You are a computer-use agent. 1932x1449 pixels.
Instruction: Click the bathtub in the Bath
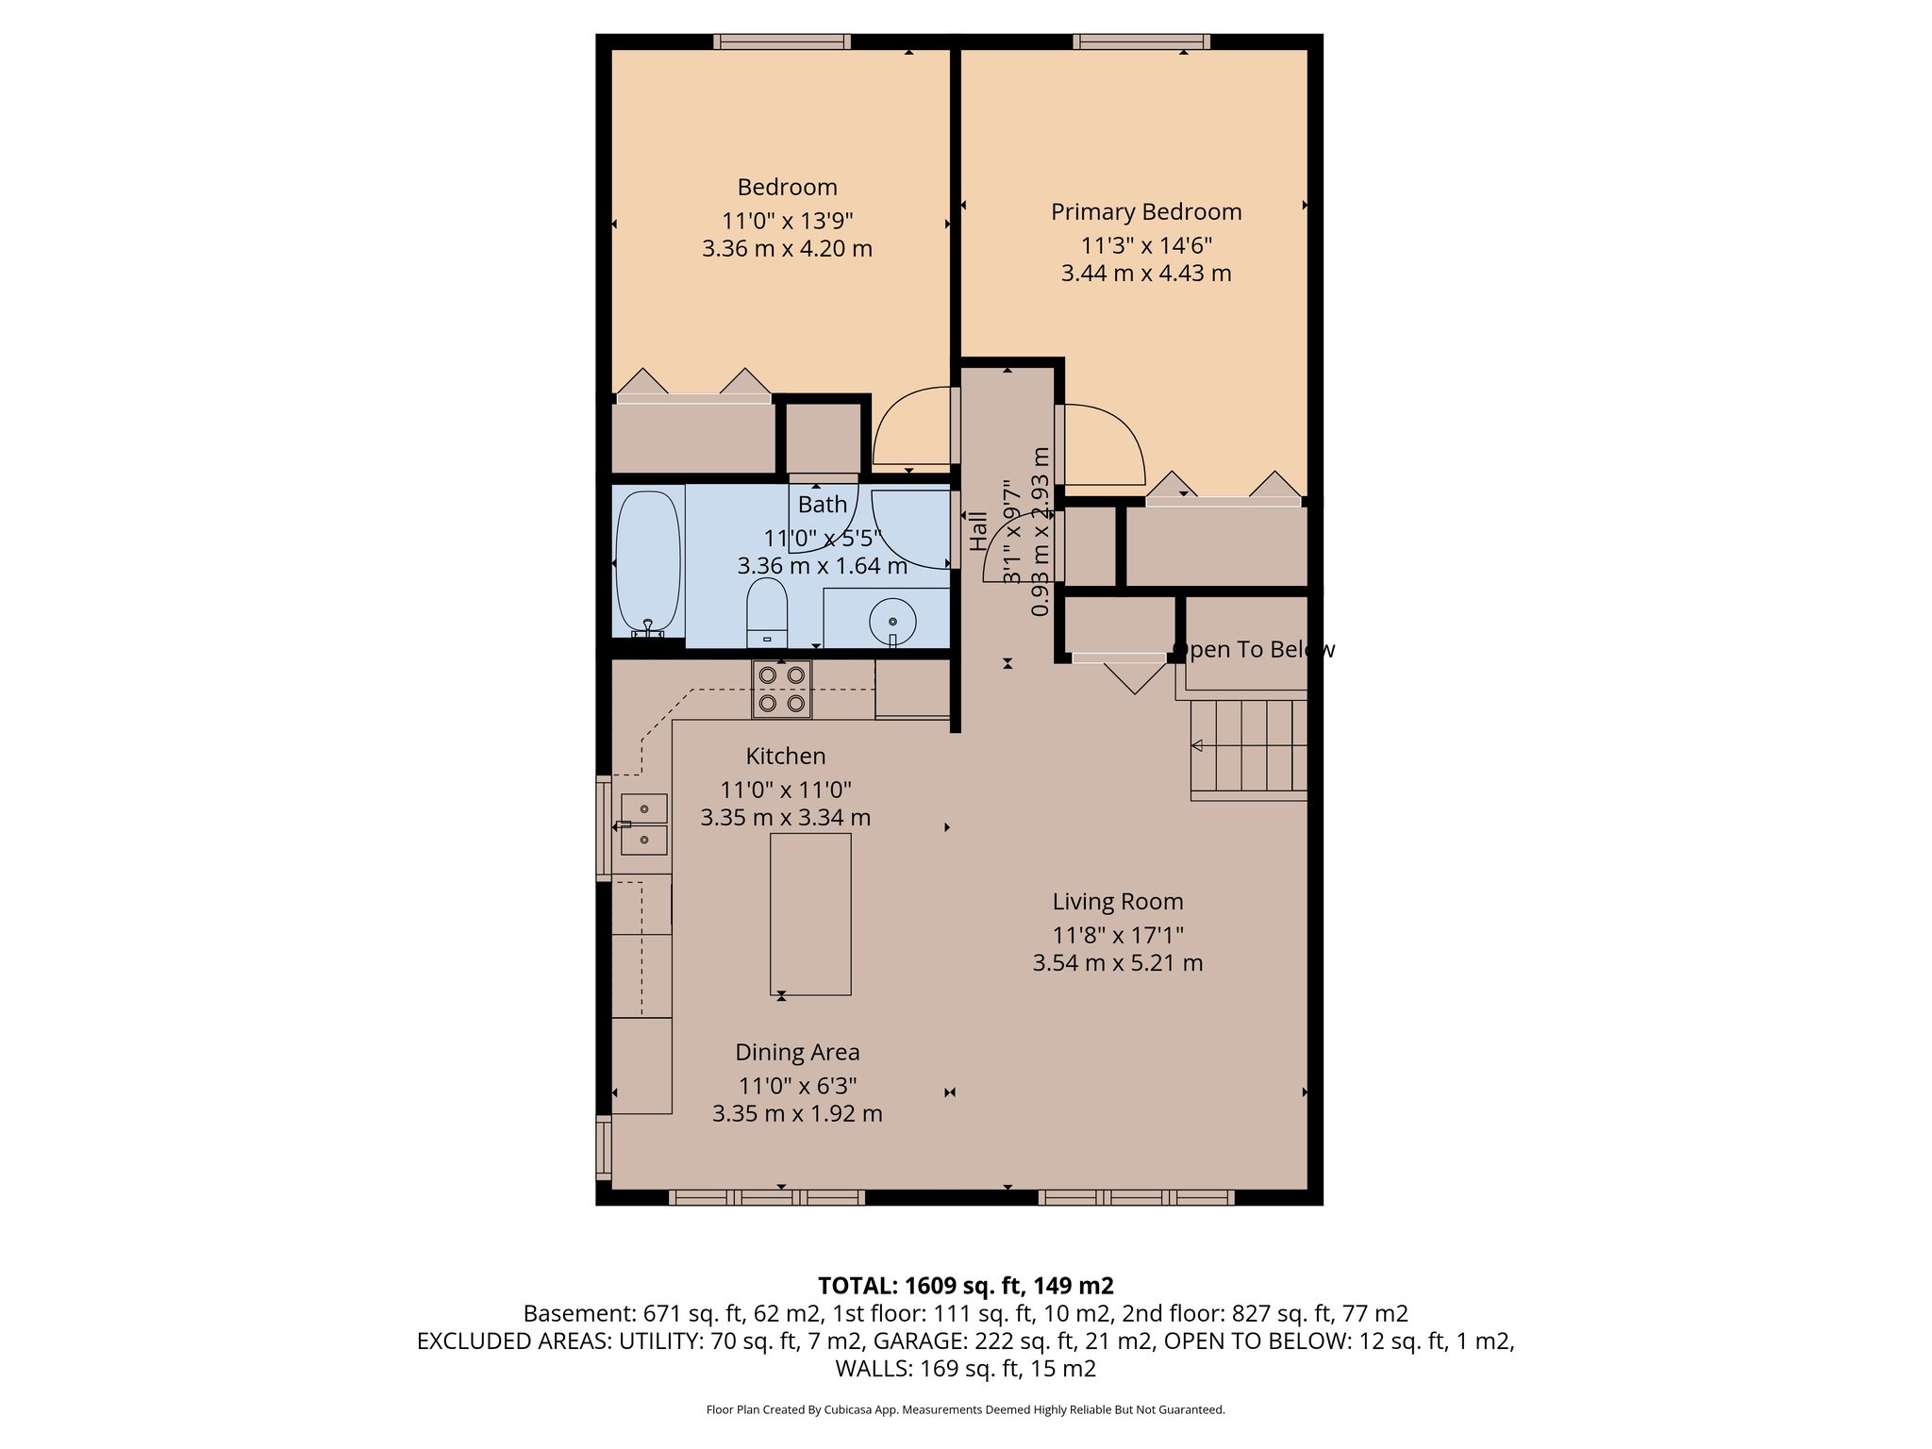647,562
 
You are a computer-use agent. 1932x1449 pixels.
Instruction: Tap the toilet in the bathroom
767,613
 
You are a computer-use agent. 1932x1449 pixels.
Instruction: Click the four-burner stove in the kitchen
781,689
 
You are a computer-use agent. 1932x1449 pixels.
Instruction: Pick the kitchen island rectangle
810,913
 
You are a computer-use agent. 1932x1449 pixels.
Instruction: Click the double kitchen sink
644,824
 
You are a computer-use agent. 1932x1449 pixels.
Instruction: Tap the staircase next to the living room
1249,745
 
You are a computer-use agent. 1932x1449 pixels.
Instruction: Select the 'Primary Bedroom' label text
1146,211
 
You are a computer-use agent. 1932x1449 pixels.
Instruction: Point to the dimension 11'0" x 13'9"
788,221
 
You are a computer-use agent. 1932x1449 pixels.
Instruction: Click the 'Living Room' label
1118,902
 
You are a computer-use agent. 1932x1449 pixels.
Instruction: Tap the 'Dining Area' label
797,1052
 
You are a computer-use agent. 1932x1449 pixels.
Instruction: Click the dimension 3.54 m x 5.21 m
1118,963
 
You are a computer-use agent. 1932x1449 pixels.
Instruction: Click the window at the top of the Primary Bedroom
1141,42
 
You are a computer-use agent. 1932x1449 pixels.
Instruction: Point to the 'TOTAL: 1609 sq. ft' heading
965,1286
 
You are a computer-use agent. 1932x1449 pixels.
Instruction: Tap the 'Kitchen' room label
785,756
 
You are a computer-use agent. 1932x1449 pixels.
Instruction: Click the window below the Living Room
1136,1197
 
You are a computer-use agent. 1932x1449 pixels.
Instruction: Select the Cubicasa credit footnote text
965,1409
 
